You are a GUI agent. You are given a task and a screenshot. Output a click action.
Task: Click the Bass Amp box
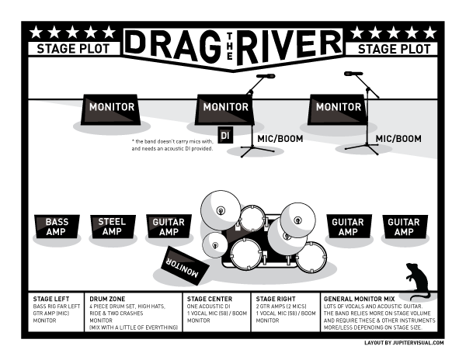[x=57, y=227]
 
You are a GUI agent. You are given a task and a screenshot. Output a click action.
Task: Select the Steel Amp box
[x=113, y=227]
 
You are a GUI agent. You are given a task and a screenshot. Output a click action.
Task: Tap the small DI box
[x=225, y=136]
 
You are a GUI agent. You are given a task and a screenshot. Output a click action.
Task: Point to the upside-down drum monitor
[x=185, y=266]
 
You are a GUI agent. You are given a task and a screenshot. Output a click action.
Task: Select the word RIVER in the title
[x=288, y=47]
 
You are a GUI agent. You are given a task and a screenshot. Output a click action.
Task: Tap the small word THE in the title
[x=229, y=46]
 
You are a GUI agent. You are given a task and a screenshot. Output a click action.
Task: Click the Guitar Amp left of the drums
[x=169, y=227]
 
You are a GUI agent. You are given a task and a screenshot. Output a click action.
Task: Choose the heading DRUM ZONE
[x=107, y=299]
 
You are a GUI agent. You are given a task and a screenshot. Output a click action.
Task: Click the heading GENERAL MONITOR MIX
[x=359, y=299]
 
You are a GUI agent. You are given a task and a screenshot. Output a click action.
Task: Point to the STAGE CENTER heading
[x=210, y=299]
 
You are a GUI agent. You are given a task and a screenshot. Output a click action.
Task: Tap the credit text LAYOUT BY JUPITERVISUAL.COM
[x=404, y=343]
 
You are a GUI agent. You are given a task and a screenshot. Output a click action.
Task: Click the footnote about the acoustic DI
[x=172, y=145]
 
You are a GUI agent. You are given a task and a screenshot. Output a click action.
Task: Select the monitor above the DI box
[x=225, y=109]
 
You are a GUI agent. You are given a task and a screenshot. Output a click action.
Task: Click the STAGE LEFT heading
[x=51, y=299]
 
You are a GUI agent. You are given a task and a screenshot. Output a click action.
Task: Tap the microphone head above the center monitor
[x=266, y=76]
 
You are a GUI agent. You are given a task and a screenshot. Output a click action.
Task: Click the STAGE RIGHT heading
[x=276, y=299]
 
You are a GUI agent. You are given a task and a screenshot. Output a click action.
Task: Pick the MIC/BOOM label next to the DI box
[x=280, y=139]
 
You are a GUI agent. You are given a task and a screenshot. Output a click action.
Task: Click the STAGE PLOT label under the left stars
[x=74, y=49]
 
